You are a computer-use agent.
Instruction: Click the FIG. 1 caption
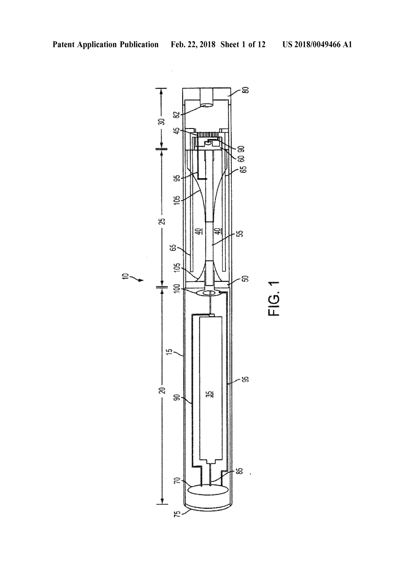click(274, 298)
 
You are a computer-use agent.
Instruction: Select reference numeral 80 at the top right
click(246, 90)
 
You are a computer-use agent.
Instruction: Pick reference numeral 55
click(241, 234)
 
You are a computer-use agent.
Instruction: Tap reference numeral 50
click(246, 279)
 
